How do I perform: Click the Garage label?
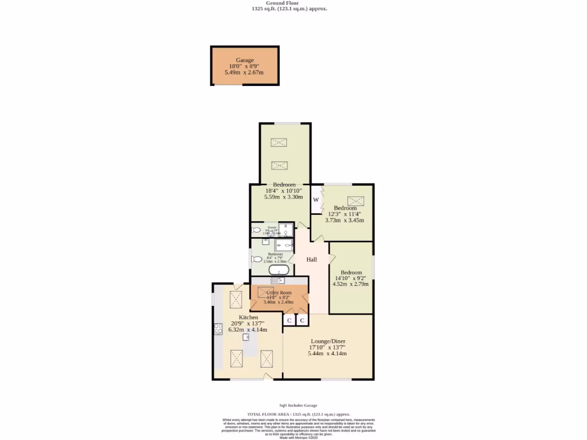[245, 60]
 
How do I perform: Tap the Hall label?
[311, 260]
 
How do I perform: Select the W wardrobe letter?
[316, 200]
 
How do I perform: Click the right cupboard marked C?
[302, 320]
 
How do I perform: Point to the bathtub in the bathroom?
[279, 270]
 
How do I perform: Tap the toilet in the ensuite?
[256, 230]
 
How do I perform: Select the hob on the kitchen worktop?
[218, 329]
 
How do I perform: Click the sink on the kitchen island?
[246, 337]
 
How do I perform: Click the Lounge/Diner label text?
[327, 341]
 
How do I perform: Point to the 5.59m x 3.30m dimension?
[283, 197]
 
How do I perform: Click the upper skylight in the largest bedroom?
[280, 142]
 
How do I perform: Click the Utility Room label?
[279, 292]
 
